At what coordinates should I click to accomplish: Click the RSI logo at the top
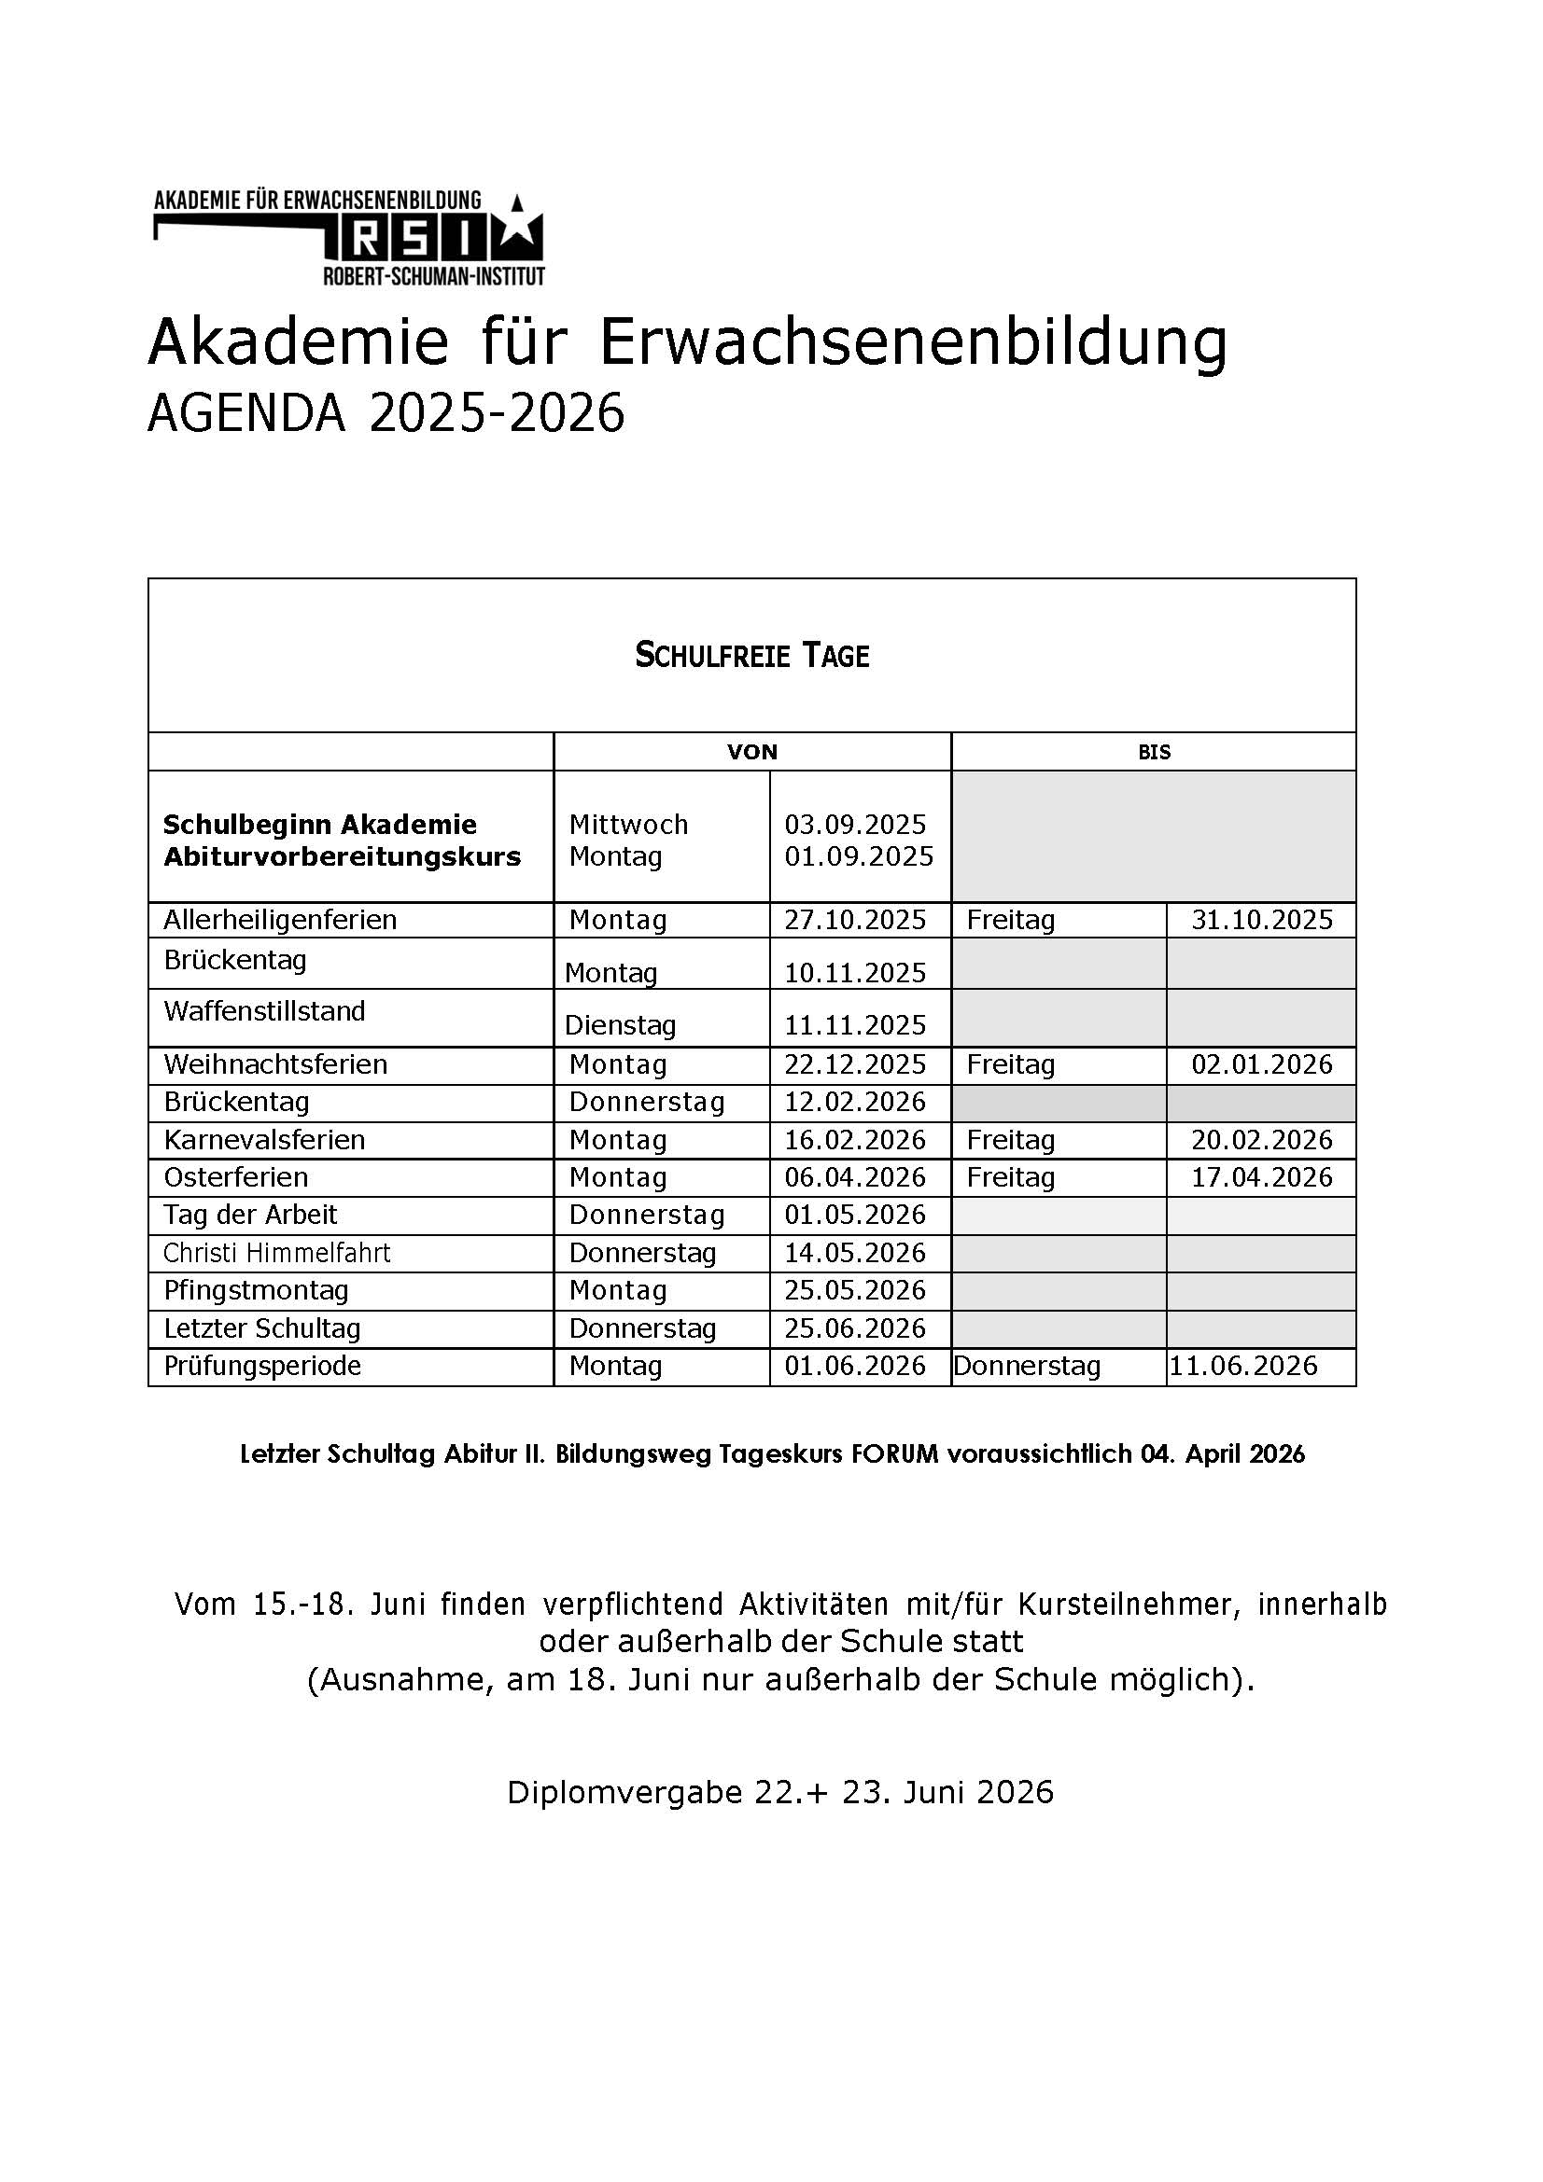(349, 238)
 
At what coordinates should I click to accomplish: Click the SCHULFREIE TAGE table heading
(751, 656)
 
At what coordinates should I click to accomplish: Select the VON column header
(752, 752)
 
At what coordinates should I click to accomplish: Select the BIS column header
(1153, 752)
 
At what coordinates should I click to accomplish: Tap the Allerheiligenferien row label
(279, 920)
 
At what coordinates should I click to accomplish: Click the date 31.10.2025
(1262, 920)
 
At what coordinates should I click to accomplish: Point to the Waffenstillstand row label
(264, 1010)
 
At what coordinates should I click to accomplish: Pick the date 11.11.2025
(855, 1024)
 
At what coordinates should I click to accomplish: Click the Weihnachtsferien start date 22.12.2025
(855, 1064)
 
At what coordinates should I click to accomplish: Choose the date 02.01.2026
(1262, 1064)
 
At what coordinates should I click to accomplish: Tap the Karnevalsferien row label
(264, 1139)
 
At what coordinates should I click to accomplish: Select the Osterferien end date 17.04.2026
(1262, 1177)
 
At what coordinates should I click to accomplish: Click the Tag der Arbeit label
(250, 1215)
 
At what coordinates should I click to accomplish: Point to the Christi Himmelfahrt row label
(276, 1253)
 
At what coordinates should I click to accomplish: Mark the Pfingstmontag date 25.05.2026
(855, 1290)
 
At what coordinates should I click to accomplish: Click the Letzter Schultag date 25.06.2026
(855, 1328)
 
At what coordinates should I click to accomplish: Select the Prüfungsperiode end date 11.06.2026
(1243, 1366)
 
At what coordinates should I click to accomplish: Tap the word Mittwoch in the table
(628, 824)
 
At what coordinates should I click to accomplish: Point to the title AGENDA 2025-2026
(386, 413)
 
